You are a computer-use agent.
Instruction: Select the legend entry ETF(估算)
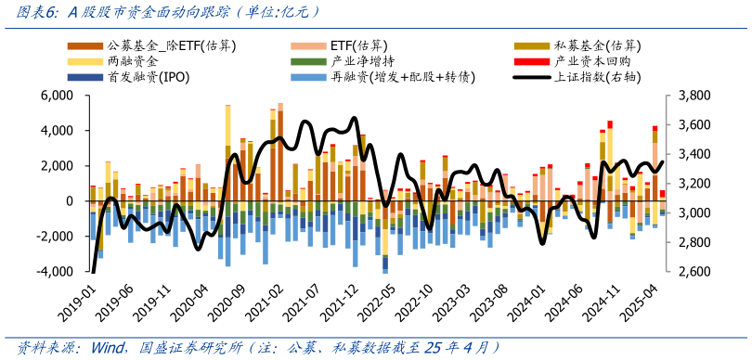tap(358, 45)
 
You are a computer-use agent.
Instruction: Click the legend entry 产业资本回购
tap(590, 60)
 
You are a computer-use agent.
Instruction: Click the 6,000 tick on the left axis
tap(58, 96)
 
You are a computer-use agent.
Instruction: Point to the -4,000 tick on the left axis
tap(57, 272)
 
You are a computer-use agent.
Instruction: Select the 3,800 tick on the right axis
tap(694, 96)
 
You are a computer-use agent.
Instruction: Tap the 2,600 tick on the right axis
tap(694, 272)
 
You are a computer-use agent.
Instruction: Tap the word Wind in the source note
tap(110, 348)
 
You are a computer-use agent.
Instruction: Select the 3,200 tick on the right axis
tap(694, 184)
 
